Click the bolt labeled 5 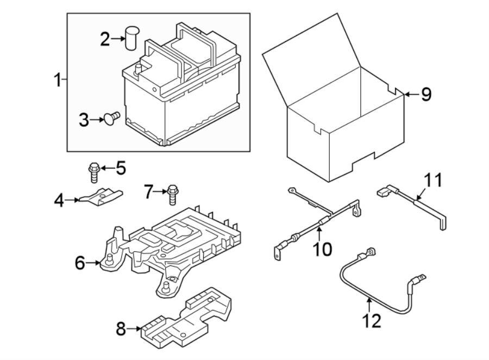coord(93,172)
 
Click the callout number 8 coord(120,329)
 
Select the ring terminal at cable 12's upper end coord(371,252)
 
